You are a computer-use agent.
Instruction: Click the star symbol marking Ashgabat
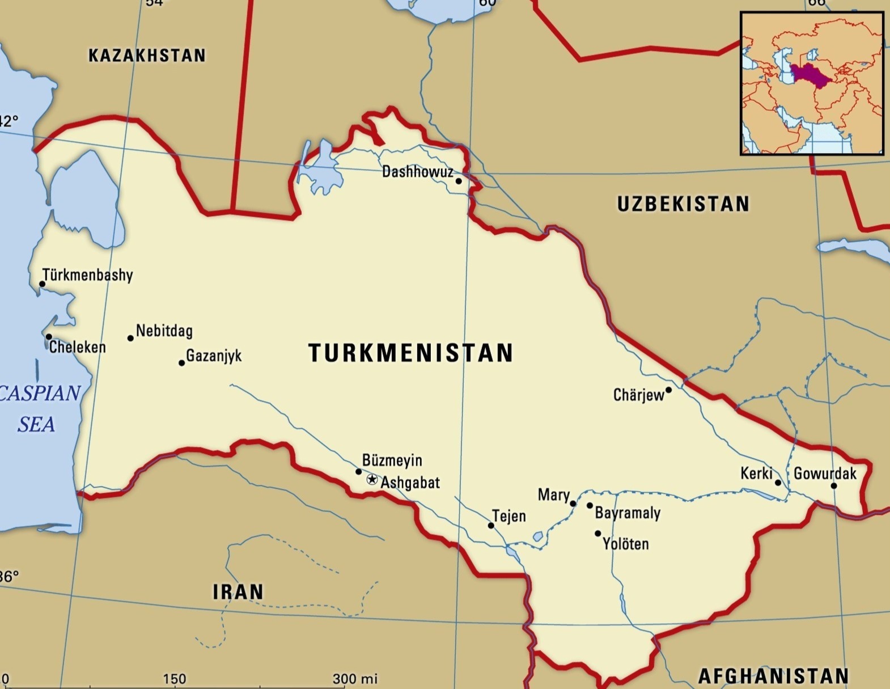point(372,480)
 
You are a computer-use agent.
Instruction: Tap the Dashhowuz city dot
point(459,181)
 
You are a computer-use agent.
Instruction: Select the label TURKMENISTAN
point(411,353)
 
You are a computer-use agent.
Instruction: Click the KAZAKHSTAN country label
point(147,56)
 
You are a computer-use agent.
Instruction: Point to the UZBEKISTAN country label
point(683,204)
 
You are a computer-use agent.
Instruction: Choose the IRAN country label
point(238,592)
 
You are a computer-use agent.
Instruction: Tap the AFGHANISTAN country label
point(773,676)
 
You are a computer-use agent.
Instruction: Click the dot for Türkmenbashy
point(42,284)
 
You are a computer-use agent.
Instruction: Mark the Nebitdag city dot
point(130,338)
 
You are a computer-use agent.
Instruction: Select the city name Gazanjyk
point(214,356)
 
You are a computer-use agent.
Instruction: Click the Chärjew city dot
point(668,390)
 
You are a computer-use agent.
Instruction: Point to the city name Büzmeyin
point(392,460)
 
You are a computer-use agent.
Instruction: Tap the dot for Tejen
point(491,526)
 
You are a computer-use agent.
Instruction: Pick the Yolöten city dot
point(597,534)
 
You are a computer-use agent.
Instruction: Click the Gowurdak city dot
point(834,486)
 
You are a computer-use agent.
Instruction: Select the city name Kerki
point(756,473)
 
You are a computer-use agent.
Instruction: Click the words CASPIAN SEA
point(39,408)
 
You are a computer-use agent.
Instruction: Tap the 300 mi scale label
point(355,679)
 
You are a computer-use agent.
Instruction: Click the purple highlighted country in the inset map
point(808,74)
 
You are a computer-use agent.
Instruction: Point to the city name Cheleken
point(78,347)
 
